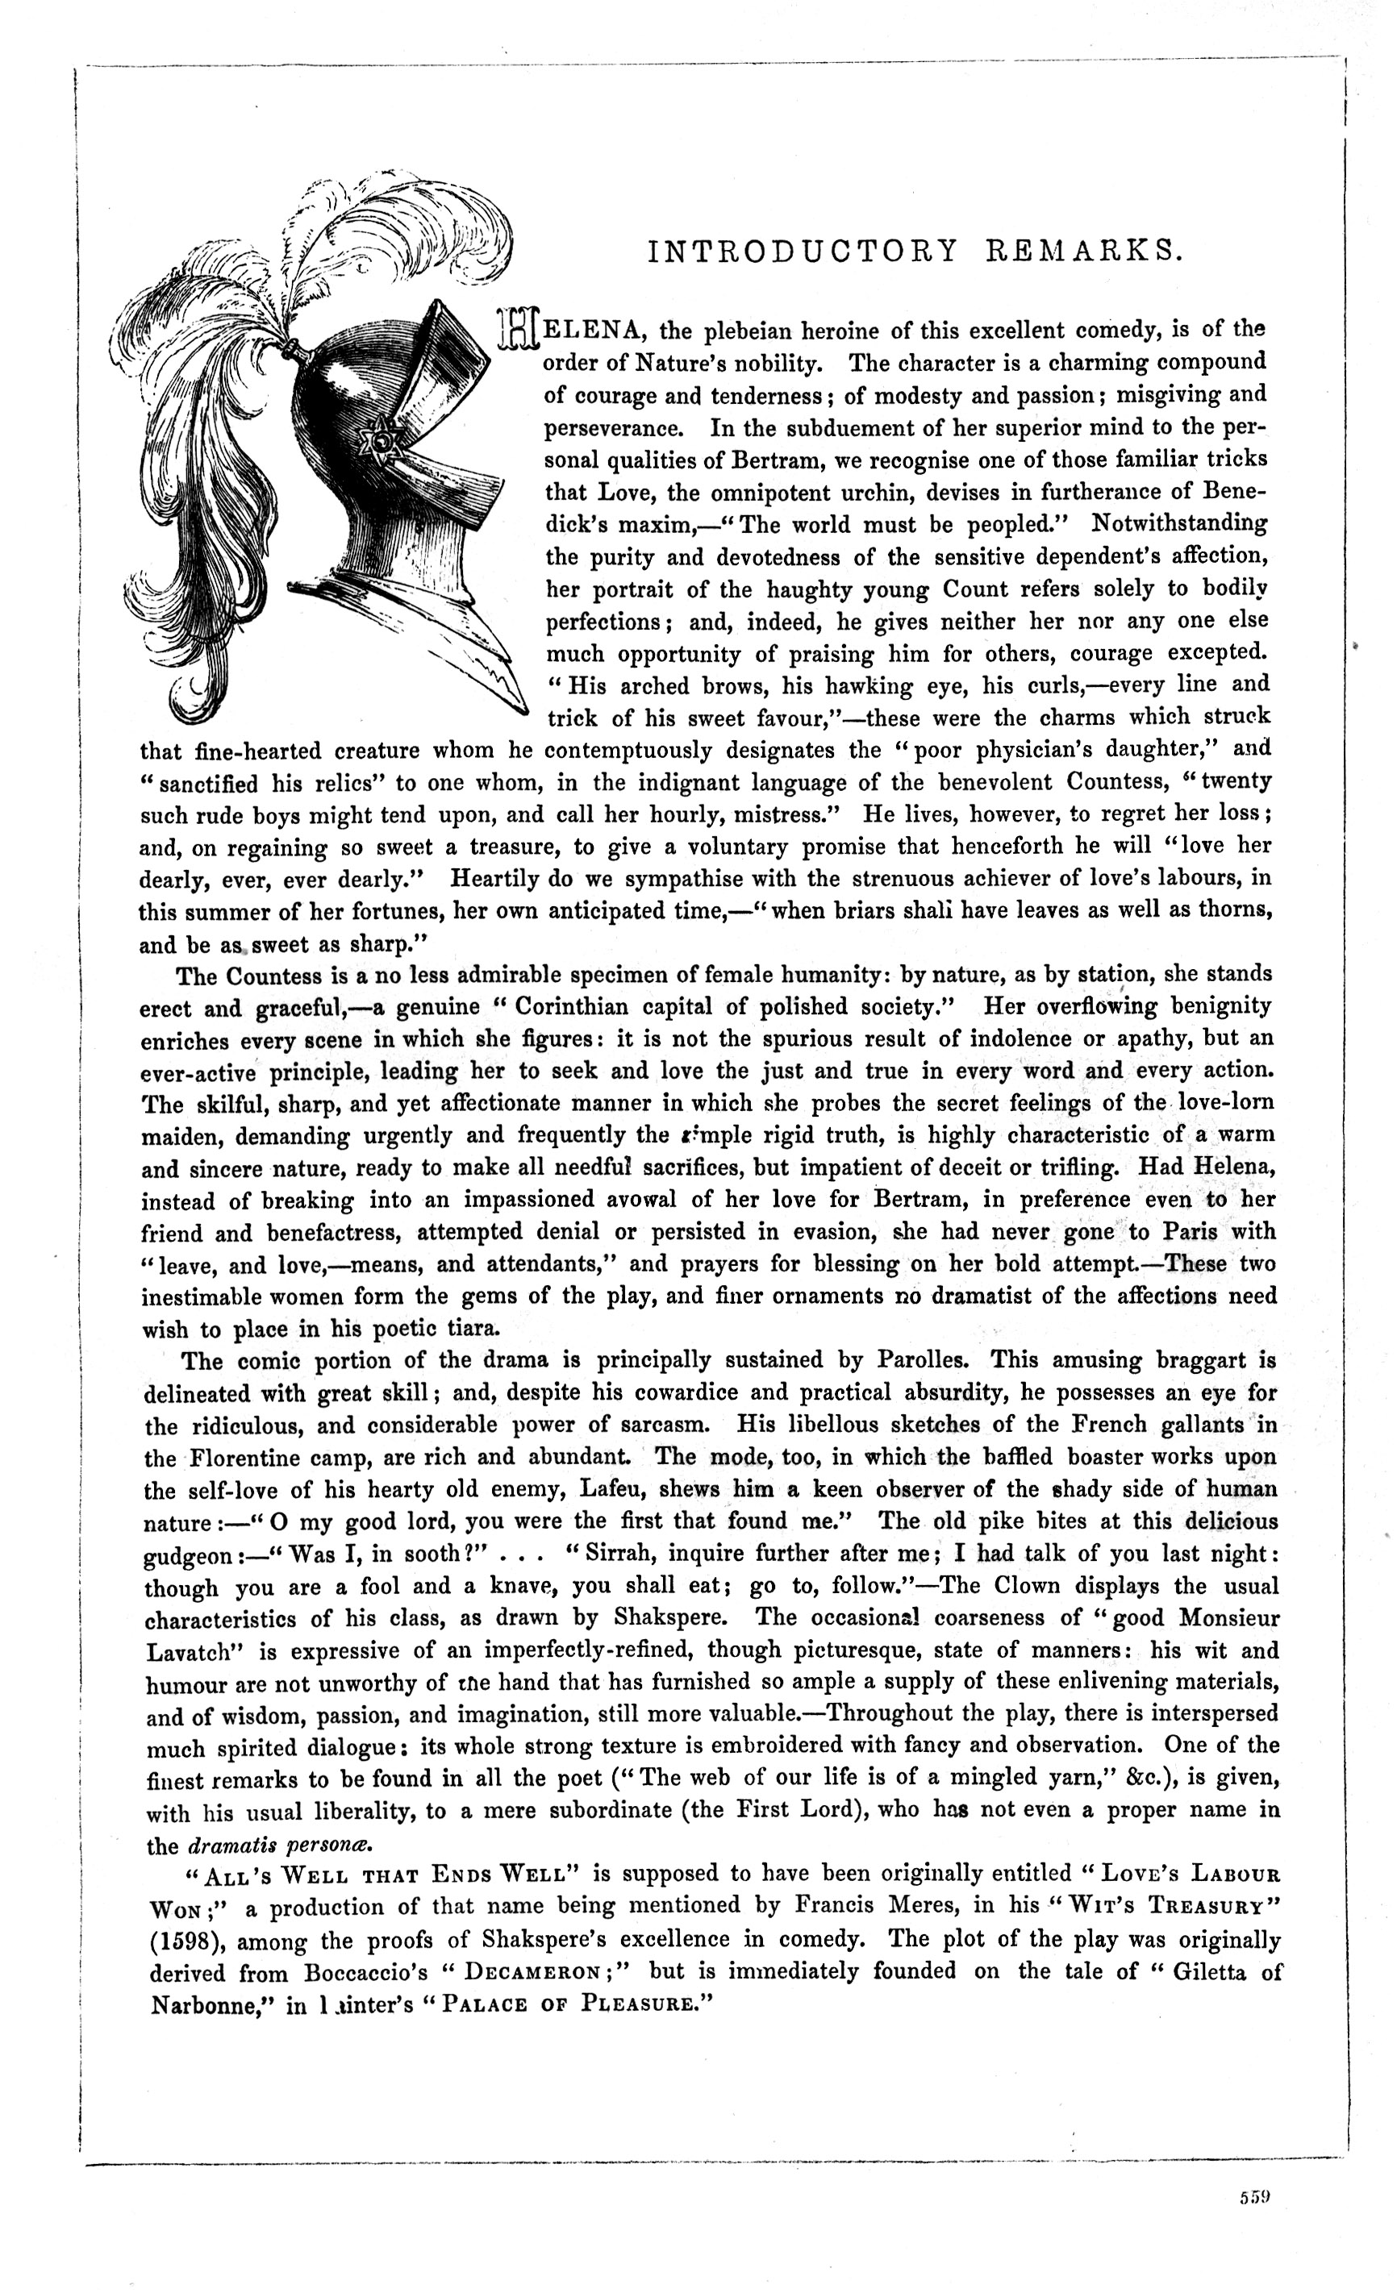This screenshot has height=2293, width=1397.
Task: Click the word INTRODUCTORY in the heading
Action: [802, 252]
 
